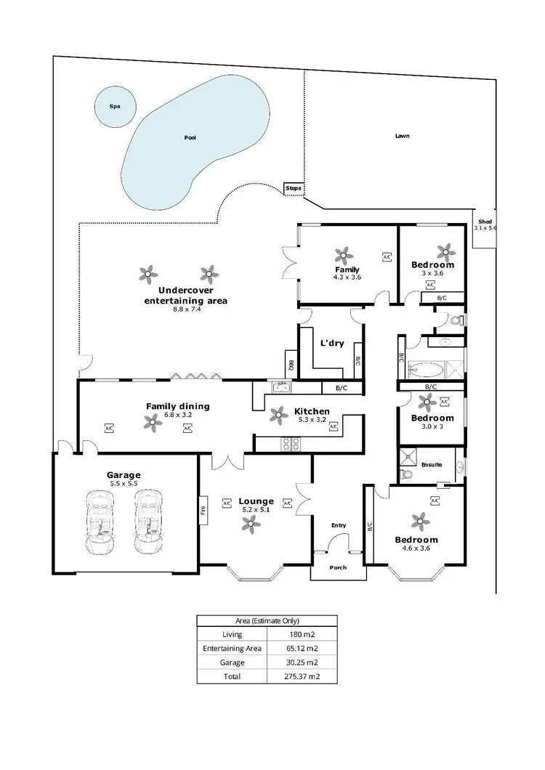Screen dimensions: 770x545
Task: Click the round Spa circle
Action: (114, 106)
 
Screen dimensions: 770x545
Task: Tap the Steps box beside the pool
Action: (293, 188)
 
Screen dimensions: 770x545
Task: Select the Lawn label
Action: (401, 136)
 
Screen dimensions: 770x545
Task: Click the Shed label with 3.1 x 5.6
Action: (484, 224)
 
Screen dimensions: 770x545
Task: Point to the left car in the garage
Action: (101, 522)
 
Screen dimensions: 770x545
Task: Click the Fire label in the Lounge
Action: (203, 508)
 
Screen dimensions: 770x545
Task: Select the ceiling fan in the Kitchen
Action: (278, 416)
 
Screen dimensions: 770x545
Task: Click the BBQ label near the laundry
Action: (290, 367)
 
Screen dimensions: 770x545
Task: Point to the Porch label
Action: (339, 567)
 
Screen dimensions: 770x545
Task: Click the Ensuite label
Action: (431, 464)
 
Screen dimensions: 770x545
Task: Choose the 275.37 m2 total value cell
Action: (302, 676)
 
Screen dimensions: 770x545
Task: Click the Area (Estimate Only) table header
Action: (267, 620)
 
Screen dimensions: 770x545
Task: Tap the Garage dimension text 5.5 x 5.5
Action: (123, 483)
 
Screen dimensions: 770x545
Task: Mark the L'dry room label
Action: (332, 343)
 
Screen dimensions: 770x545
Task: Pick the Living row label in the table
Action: (233, 633)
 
